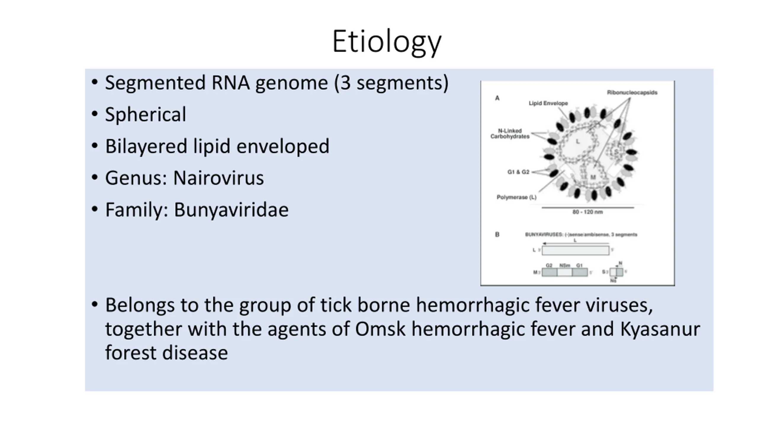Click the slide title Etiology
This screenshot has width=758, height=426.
coord(387,42)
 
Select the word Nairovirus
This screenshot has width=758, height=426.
coord(218,178)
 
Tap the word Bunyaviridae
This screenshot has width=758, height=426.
coord(231,210)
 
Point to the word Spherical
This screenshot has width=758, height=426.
coord(145,114)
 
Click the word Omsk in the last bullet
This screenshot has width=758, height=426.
coord(380,329)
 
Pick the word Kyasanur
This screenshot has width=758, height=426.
coord(660,329)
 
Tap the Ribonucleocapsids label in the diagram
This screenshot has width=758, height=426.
coord(632,93)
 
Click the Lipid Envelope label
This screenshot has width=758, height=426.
coord(548,103)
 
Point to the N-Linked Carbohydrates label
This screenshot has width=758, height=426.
coord(510,133)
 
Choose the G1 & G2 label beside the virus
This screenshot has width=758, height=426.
coord(518,172)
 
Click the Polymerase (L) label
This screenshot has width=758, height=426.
coord(516,197)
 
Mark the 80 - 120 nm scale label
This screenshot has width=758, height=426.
coord(587,212)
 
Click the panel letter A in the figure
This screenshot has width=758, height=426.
coord(497,98)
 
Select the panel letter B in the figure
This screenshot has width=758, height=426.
coord(497,234)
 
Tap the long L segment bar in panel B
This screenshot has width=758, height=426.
coord(575,250)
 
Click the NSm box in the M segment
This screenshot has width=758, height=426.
coord(564,272)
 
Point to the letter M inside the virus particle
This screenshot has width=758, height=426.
coord(593,177)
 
